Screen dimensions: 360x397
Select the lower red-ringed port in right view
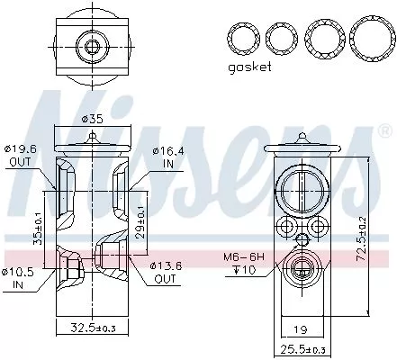[298, 267]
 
